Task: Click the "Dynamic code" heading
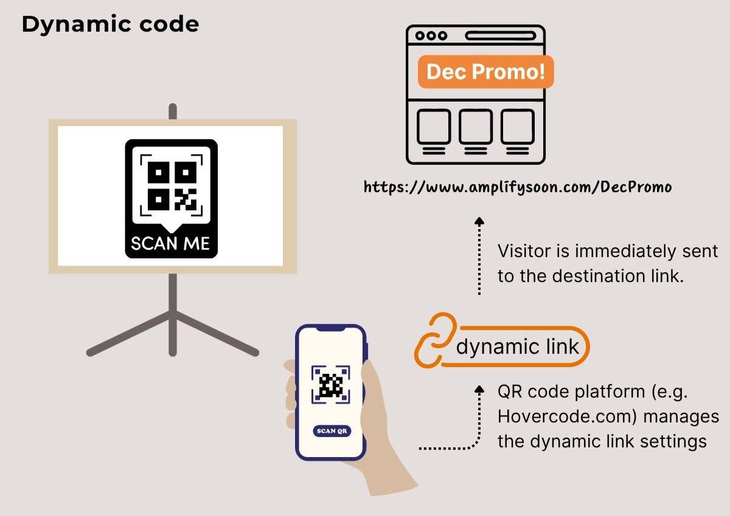(110, 24)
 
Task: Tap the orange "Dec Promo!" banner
(485, 72)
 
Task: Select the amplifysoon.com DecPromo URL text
(518, 187)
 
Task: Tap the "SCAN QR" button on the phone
(332, 431)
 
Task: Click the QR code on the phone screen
(331, 385)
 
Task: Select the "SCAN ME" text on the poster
(170, 244)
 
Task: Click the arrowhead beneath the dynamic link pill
(479, 388)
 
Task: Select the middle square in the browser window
(476, 126)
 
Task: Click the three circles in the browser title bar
(431, 36)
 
